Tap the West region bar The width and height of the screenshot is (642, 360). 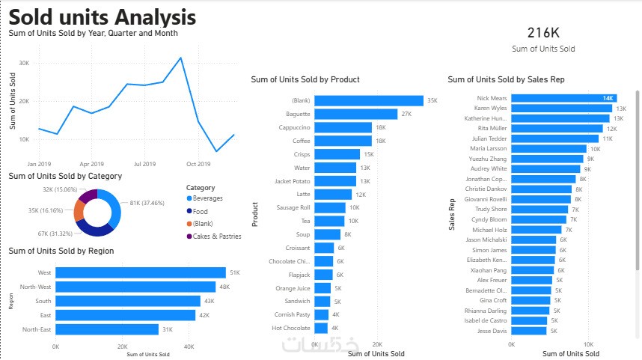click(x=141, y=272)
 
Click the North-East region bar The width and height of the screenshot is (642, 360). click(x=107, y=329)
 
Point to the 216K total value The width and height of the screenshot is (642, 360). click(x=543, y=32)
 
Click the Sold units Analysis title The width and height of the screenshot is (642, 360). click(x=103, y=16)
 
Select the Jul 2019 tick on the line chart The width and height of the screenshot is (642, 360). click(x=145, y=163)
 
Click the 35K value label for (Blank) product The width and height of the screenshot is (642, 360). click(x=432, y=100)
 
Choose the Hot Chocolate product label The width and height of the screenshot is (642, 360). click(x=291, y=328)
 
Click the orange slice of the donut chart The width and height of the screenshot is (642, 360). click(x=79, y=210)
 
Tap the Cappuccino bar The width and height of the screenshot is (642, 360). click(x=343, y=127)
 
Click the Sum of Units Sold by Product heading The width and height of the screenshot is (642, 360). click(x=305, y=79)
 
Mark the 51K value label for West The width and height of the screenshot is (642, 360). click(x=234, y=272)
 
